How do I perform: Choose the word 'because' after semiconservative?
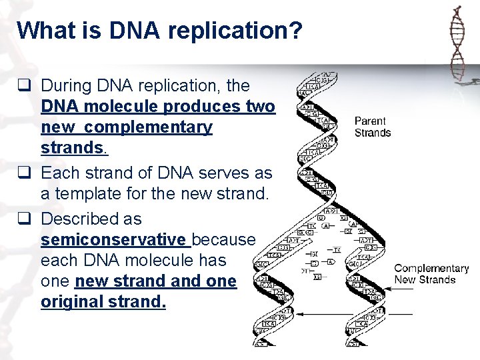coord(223,239)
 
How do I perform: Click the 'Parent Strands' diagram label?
coord(373,127)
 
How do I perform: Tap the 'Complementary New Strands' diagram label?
coord(431,274)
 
